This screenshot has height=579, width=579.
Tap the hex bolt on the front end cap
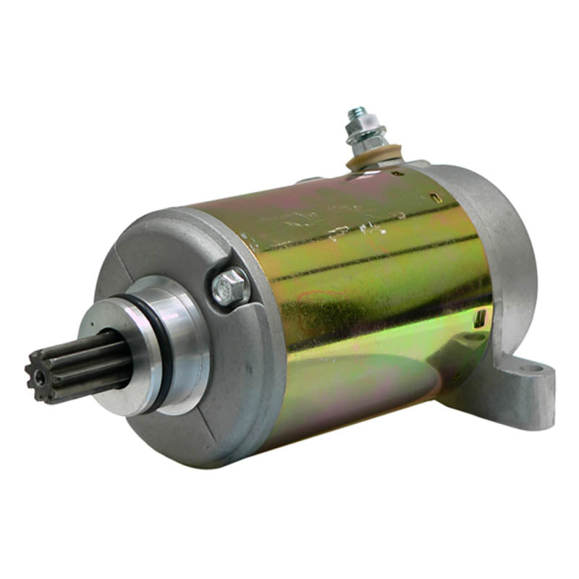[230, 287]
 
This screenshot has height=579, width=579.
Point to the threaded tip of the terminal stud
[356, 114]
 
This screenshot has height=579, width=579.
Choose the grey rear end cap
[499, 239]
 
